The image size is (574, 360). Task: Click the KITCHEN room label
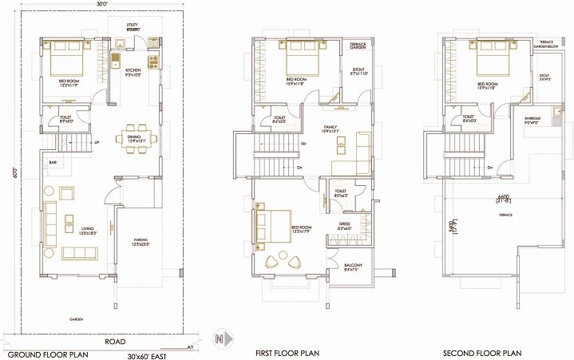coord(133,71)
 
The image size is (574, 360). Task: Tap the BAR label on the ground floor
coord(53,163)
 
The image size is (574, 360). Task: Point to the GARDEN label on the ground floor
coord(77,318)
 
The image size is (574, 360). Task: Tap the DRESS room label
coord(344,224)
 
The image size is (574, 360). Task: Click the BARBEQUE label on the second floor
coord(533,117)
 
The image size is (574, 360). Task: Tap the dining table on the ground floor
coord(133,136)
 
